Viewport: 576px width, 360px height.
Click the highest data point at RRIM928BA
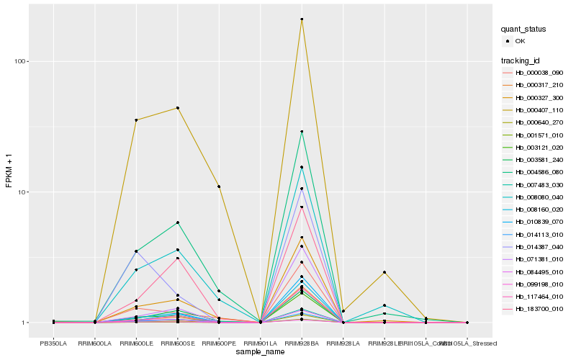(302, 19)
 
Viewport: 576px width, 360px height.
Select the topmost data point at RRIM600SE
(177, 108)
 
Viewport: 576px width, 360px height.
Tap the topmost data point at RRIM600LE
(136, 120)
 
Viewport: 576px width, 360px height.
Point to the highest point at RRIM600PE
(219, 186)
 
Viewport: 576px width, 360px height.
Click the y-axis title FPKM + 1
(9, 171)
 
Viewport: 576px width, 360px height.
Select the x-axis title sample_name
(260, 351)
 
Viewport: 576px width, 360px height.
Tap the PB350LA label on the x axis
(53, 343)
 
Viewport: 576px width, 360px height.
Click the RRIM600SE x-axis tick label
(177, 343)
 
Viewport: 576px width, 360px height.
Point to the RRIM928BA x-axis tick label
(302, 343)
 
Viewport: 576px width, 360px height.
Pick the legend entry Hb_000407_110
(539, 110)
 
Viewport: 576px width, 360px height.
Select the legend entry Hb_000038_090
(539, 73)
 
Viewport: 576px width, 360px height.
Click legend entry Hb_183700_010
(539, 309)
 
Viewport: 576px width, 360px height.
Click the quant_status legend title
(524, 29)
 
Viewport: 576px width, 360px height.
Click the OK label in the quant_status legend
(521, 41)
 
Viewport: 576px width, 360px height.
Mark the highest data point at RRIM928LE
(384, 272)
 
